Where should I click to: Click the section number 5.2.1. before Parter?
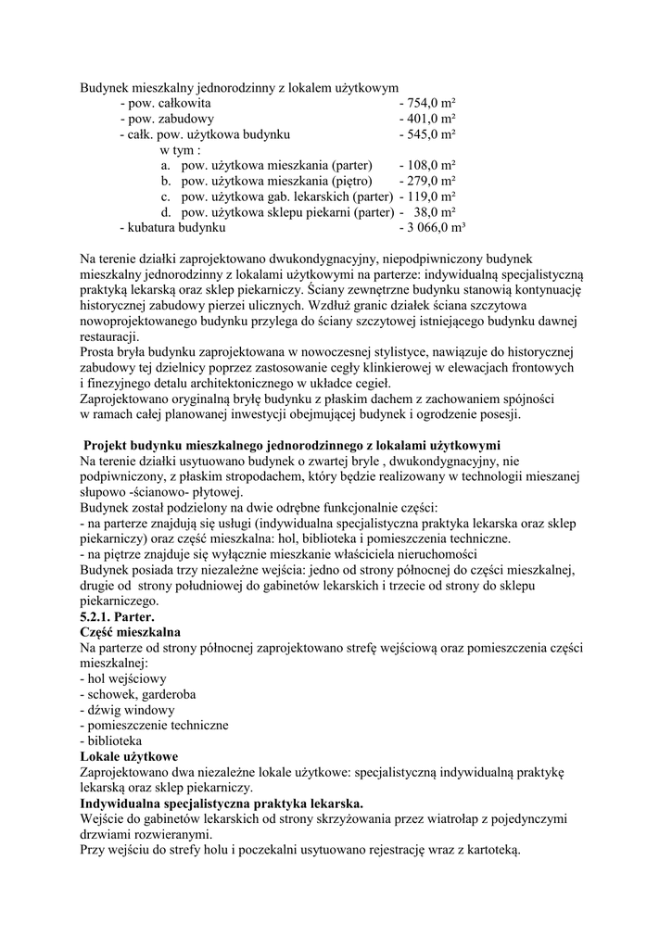pyautogui.click(x=101, y=615)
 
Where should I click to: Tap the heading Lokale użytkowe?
pyautogui.click(x=129, y=756)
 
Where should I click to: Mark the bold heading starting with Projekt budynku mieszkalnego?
pyautogui.click(x=292, y=445)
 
